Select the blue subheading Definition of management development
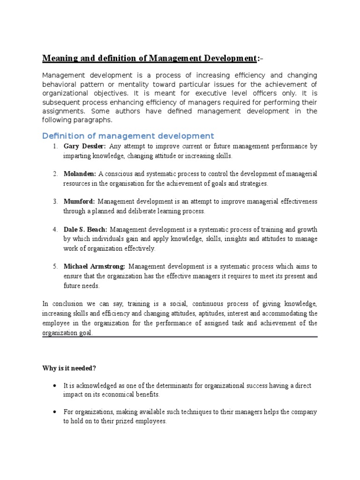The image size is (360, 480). click(127, 136)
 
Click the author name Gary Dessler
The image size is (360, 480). click(84, 147)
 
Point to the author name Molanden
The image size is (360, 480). click(80, 174)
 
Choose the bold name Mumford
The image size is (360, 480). click(79, 202)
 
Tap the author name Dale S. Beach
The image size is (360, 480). click(85, 229)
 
